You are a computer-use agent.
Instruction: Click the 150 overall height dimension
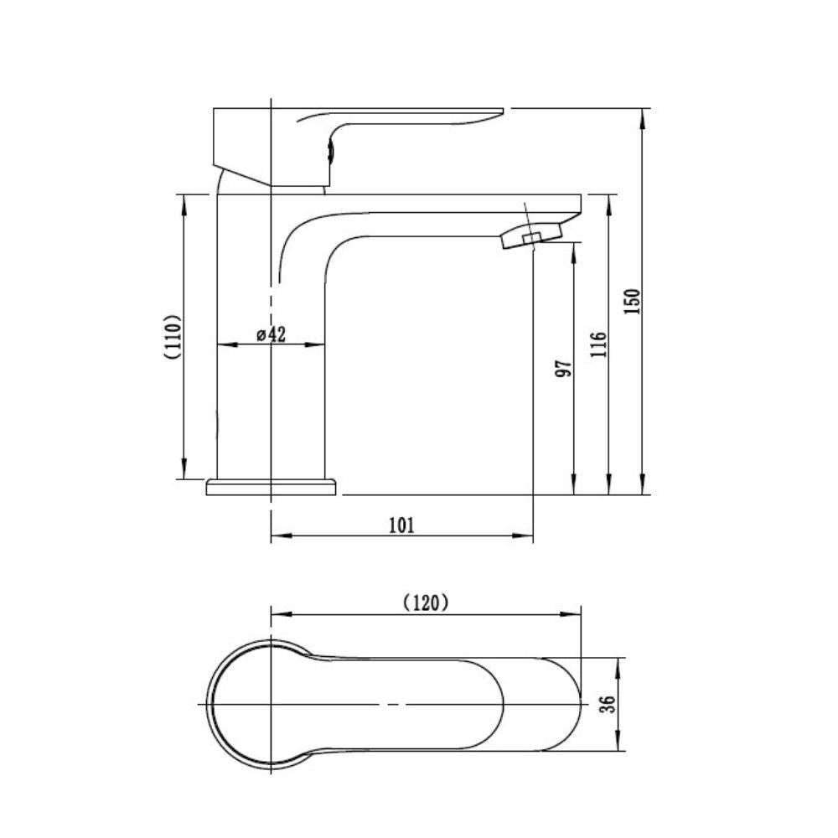pos(632,302)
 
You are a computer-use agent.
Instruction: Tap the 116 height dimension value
pos(599,344)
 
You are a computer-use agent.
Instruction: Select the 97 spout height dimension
pos(563,369)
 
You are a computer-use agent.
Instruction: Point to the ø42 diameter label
pos(272,334)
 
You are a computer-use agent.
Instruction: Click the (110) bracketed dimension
pos(173,337)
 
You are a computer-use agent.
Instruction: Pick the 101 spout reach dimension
pos(401,525)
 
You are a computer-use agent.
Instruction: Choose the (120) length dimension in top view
pos(426,603)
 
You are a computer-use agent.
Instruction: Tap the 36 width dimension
pos(608,704)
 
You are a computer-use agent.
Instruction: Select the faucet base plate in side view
pos(272,486)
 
